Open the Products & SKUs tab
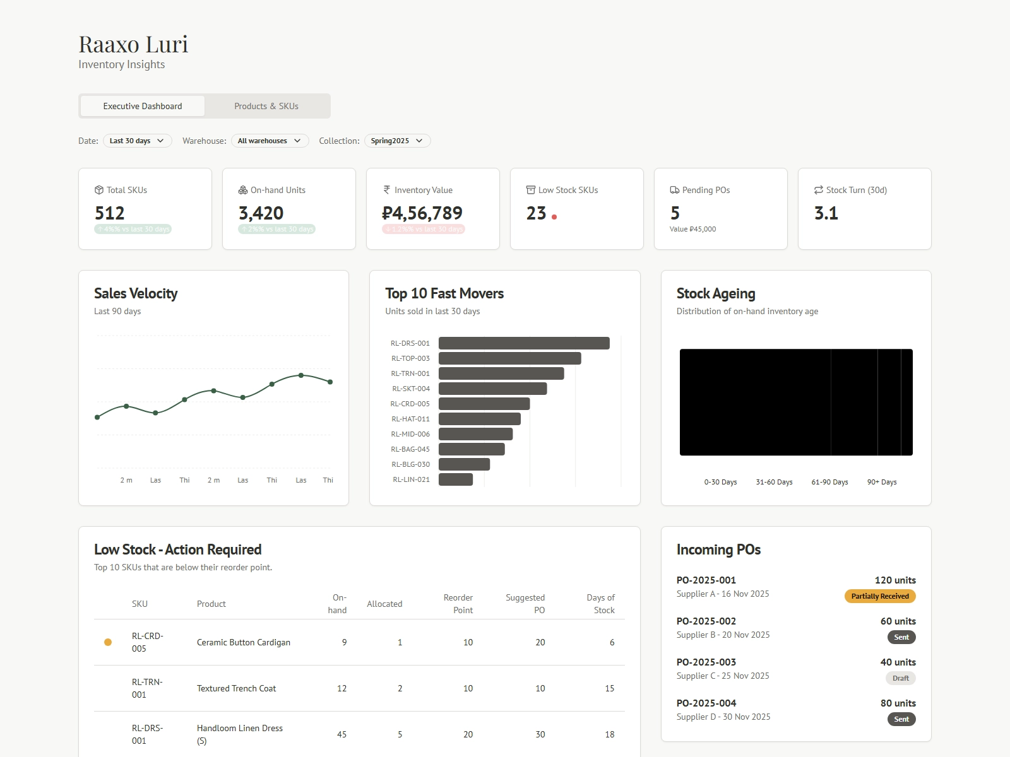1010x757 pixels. coord(266,106)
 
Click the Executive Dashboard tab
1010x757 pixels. coord(143,106)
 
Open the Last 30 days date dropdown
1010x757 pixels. coord(137,141)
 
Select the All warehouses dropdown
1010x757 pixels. coord(270,141)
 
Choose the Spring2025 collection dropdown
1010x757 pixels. coord(397,141)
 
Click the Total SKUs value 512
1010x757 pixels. coord(110,213)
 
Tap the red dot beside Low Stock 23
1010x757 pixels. coord(554,217)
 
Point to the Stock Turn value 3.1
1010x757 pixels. coord(826,213)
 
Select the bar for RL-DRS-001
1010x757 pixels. coord(524,343)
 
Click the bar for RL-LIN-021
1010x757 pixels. coord(456,479)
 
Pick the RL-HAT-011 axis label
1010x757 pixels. coord(410,419)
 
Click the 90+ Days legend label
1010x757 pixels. coord(881,482)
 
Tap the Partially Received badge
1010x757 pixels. coord(879,596)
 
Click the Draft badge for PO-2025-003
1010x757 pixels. coord(900,678)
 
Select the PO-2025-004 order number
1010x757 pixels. coord(706,703)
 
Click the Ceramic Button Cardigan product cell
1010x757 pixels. coord(244,642)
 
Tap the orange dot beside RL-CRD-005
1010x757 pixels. coord(108,642)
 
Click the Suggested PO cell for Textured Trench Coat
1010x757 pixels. coord(540,688)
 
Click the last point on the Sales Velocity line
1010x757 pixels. coord(330,382)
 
